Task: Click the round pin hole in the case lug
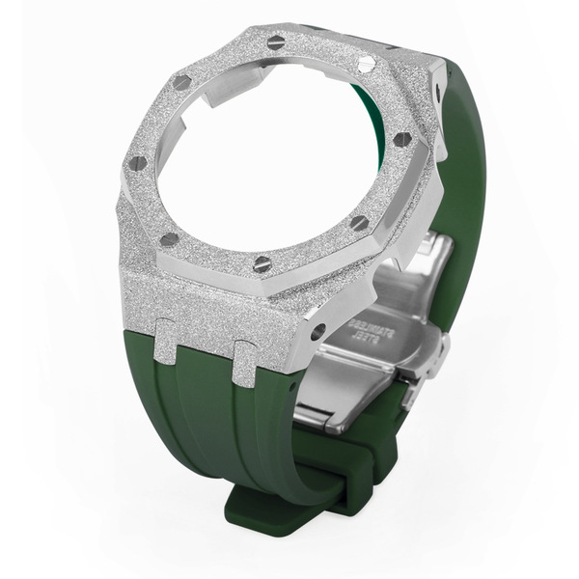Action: click(x=317, y=333)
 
